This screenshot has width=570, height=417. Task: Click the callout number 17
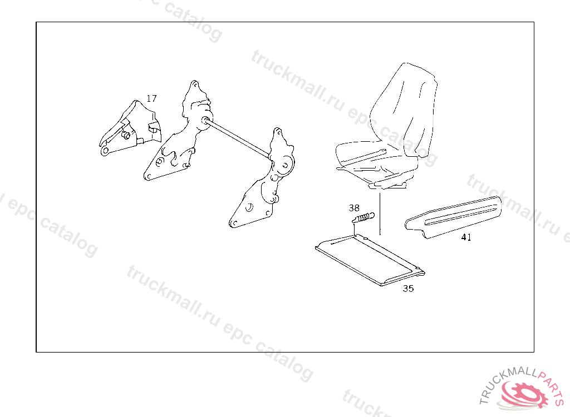(x=151, y=98)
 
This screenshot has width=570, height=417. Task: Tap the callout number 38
(x=353, y=208)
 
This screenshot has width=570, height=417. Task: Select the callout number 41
(x=466, y=237)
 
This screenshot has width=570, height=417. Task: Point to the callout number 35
(x=408, y=289)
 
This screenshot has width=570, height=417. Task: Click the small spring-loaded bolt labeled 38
(x=363, y=219)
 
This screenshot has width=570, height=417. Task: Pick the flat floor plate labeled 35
(x=370, y=260)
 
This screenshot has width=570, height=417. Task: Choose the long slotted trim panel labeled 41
(x=453, y=217)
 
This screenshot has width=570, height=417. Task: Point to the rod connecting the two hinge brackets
(x=238, y=139)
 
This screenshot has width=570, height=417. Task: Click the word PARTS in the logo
(x=551, y=385)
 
